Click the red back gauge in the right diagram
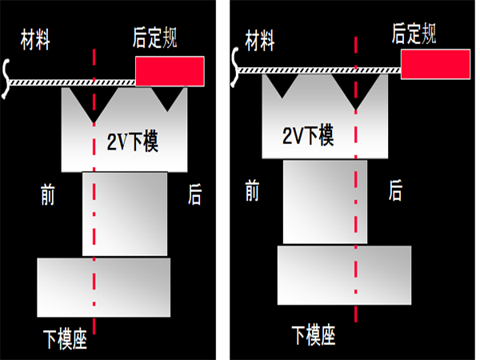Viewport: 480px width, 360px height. click(434, 64)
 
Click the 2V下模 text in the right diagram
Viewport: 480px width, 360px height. click(308, 135)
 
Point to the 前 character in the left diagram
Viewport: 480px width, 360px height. click(48, 194)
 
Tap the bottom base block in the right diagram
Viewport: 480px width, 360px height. click(344, 275)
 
